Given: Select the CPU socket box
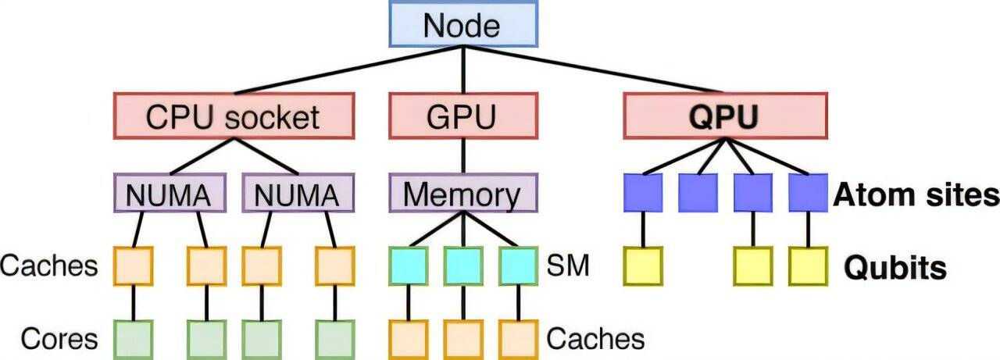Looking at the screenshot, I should click(233, 116).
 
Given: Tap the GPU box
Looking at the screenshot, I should click(462, 116).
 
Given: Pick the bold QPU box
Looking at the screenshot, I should click(724, 116).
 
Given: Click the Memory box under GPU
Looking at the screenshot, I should click(463, 194).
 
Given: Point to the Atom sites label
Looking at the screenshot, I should click(916, 194).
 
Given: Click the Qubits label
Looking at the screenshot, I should click(895, 268).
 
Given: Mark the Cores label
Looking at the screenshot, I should click(59, 339).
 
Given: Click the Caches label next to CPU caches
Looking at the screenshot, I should click(49, 266).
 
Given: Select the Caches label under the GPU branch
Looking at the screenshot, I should click(595, 339).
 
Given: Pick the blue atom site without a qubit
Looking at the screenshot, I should click(698, 193).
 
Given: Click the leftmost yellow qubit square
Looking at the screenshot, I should click(643, 266).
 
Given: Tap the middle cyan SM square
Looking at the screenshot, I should click(463, 266).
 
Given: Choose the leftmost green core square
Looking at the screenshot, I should click(134, 339).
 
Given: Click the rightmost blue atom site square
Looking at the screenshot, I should click(808, 193).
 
